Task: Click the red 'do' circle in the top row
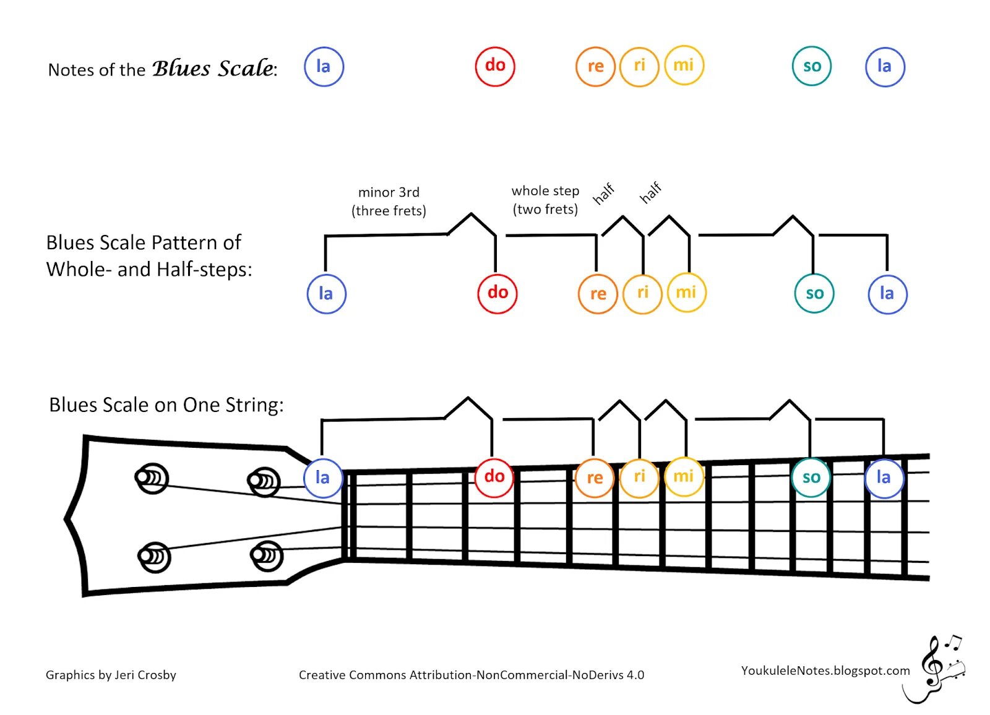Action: pos(495,66)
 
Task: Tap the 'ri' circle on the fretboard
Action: pos(639,477)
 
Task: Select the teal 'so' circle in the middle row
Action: pos(814,293)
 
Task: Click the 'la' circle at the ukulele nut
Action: pos(322,478)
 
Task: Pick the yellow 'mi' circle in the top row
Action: pos(684,66)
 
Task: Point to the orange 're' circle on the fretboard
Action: pos(595,478)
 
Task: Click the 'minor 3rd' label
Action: pos(389,192)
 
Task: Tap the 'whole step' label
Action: pos(545,191)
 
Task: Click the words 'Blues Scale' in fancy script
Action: pos(213,68)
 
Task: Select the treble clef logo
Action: pos(937,668)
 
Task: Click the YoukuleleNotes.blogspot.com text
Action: pos(825,670)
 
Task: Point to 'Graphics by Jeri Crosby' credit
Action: pos(111,675)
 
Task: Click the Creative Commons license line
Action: pos(471,675)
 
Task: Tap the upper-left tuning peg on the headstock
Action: pos(151,478)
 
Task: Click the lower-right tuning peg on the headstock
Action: pos(267,555)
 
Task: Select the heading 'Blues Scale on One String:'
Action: pos(166,405)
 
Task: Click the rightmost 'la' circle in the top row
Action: pos(885,66)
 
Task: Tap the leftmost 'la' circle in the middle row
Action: pos(326,294)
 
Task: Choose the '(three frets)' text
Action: pos(389,211)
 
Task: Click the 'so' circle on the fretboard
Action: pos(811,477)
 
